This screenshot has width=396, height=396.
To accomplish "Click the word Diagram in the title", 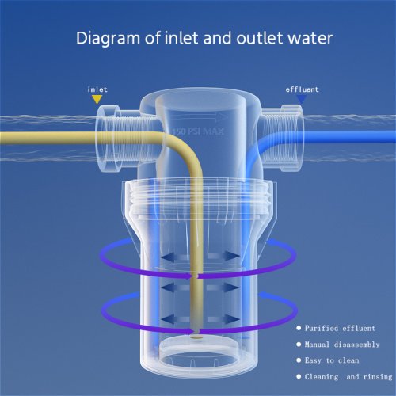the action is pos(108,39).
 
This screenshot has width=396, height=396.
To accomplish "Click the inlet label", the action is pos(97,89).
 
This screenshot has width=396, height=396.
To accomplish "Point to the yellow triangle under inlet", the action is pos(97,99).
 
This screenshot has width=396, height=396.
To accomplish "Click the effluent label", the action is pos(302,89).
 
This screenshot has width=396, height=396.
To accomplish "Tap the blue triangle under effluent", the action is pos(302,99).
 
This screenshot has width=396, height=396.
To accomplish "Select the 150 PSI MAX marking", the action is pos(198,131).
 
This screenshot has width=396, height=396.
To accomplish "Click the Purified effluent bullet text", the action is pos(340,328).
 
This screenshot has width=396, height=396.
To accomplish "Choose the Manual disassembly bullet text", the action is pos(342,345).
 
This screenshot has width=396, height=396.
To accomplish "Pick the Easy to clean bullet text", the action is pos(332,360).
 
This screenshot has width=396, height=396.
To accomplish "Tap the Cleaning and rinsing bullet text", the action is pos(348,376).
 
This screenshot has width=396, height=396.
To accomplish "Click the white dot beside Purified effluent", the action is pos(299,328).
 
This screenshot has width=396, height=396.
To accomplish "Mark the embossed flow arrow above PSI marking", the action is pos(200,116).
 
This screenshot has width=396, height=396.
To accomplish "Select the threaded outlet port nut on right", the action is pos(291,138).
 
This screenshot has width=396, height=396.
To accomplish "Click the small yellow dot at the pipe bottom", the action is pos(196,337).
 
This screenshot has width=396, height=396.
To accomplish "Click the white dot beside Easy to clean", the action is pos(299,360).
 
